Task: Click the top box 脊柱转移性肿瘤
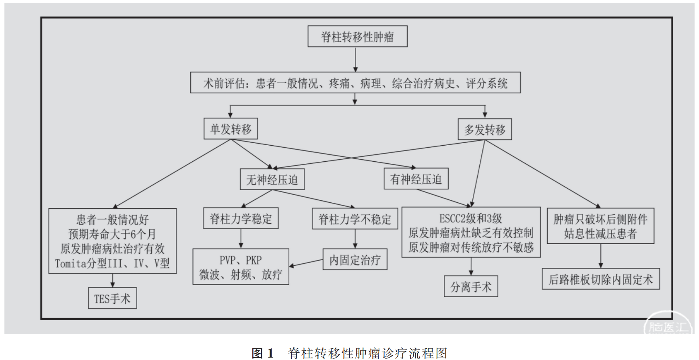pyautogui.click(x=357, y=37)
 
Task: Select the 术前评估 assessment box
pyautogui.click(x=355, y=83)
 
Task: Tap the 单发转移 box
pyautogui.click(x=231, y=129)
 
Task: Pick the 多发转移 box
pyautogui.click(x=485, y=130)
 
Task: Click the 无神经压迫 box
pyautogui.click(x=272, y=179)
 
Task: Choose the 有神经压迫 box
pyautogui.click(x=416, y=179)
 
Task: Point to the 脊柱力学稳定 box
pyautogui.click(x=241, y=218)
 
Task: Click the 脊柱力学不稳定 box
pyautogui.click(x=355, y=219)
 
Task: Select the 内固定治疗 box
pyautogui.click(x=355, y=259)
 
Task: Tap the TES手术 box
pyautogui.click(x=112, y=298)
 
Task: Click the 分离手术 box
pyautogui.click(x=471, y=286)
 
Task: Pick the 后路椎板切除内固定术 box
pyautogui.click(x=601, y=279)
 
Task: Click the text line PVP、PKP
pyautogui.click(x=241, y=260)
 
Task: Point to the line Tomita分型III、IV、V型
pyautogui.click(x=112, y=263)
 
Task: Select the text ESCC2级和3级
pyautogui.click(x=471, y=218)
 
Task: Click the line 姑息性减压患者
pyautogui.click(x=600, y=233)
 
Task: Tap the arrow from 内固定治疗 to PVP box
pyautogui.click(x=306, y=263)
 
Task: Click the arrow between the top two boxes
pyautogui.click(x=355, y=60)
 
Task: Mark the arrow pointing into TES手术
pyautogui.click(x=112, y=281)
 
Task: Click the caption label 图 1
pyautogui.click(x=262, y=353)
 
